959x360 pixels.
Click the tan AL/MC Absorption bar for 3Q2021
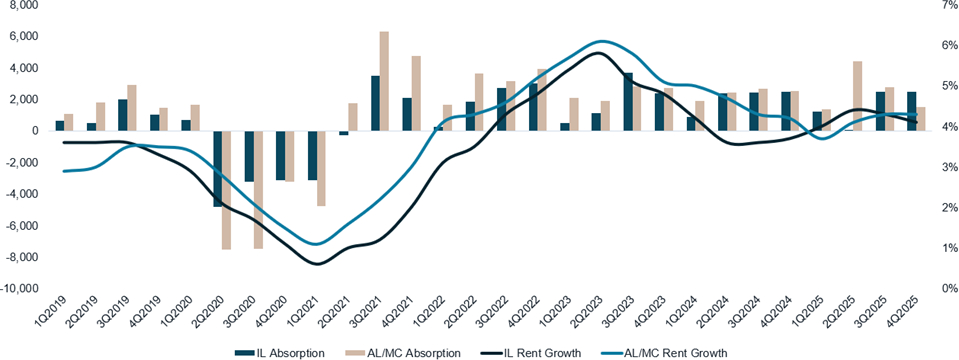click(384, 81)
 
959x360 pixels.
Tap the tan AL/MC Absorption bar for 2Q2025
click(857, 96)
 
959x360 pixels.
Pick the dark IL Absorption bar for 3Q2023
click(628, 101)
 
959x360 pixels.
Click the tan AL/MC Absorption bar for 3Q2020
click(258, 189)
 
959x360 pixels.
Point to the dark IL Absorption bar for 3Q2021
click(375, 103)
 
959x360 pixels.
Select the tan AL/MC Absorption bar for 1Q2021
click(321, 168)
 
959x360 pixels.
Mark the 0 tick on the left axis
click(34, 131)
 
